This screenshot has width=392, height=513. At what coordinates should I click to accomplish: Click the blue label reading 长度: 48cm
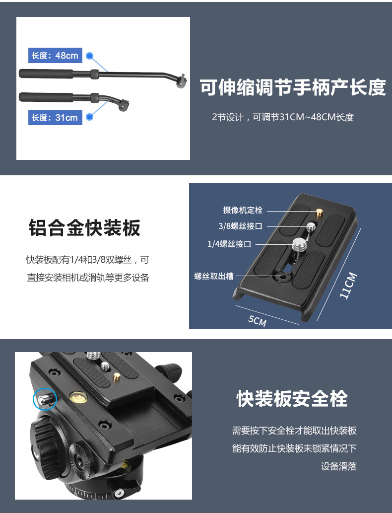click(x=55, y=55)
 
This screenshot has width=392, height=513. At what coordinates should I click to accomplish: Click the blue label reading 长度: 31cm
click(x=55, y=117)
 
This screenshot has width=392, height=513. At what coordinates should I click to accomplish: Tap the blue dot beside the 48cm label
click(x=90, y=56)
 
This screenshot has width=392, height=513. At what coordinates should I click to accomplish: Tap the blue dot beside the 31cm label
click(x=89, y=117)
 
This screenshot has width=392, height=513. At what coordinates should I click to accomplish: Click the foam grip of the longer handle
click(x=46, y=73)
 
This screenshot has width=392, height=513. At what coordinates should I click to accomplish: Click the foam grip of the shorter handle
click(x=46, y=97)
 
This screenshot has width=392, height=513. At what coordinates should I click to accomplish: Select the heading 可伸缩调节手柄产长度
click(x=293, y=87)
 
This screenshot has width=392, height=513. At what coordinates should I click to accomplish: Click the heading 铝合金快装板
click(x=85, y=227)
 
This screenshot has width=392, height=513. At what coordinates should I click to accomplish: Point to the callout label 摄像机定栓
click(x=243, y=210)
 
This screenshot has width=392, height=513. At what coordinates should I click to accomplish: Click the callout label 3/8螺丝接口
click(x=240, y=226)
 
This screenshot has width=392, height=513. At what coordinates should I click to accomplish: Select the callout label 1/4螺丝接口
click(x=229, y=244)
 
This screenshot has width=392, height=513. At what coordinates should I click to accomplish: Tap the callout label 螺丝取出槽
click(x=214, y=276)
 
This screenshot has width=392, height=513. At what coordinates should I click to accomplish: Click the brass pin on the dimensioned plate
click(x=319, y=213)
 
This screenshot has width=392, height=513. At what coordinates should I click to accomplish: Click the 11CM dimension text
click(x=348, y=286)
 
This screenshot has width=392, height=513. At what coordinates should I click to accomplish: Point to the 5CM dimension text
click(x=258, y=321)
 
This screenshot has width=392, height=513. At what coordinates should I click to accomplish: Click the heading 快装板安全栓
click(x=292, y=398)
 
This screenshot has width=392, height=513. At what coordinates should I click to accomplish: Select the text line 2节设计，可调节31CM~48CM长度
click(x=283, y=117)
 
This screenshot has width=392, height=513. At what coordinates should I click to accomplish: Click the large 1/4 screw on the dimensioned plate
click(x=299, y=245)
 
